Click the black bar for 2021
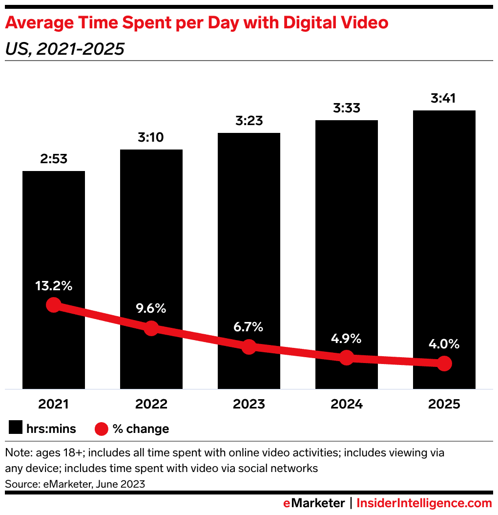point(54,235)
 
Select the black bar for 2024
point(347,220)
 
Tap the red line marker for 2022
point(151,328)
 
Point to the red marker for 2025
point(444,364)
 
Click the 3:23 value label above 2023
point(249,121)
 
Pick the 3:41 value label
point(444,99)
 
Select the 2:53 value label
point(54,159)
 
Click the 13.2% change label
point(54,286)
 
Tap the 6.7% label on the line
point(249,327)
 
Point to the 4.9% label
point(347,338)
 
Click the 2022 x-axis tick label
point(151,405)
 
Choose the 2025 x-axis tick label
point(444,405)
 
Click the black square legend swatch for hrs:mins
point(16,429)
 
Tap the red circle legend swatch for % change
point(101,429)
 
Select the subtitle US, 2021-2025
point(64,49)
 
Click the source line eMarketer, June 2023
point(75,484)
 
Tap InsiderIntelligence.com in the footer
point(424,503)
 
